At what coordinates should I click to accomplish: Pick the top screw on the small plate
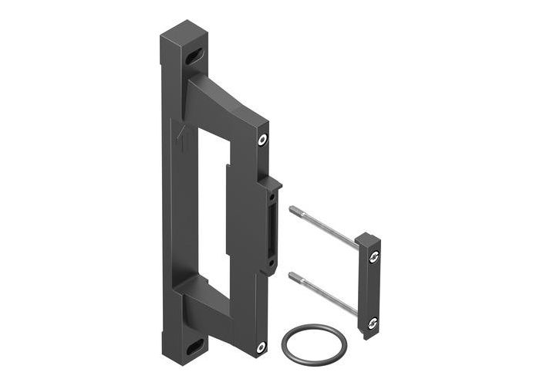coord(374,258)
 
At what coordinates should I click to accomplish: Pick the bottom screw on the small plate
coord(374,322)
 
